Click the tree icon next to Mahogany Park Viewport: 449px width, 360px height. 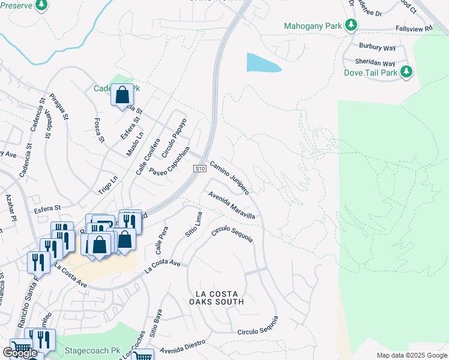pyautogui.click(x=351, y=26)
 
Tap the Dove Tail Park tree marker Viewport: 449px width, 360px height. pyautogui.click(x=406, y=72)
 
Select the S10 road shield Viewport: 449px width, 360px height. pyautogui.click(x=200, y=170)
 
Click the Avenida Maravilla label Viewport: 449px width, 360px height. pyautogui.click(x=232, y=205)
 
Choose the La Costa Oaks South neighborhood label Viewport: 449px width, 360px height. pyautogui.click(x=220, y=298)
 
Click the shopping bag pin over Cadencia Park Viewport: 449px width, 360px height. pyautogui.click(x=122, y=95)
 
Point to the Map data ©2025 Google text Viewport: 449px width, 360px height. pyautogui.click(x=411, y=355)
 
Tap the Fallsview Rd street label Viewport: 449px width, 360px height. pyautogui.click(x=414, y=28)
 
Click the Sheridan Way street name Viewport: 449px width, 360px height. pyautogui.click(x=376, y=63)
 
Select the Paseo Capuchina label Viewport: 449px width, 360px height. pyautogui.click(x=170, y=161)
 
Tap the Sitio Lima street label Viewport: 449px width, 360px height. pyautogui.click(x=192, y=224)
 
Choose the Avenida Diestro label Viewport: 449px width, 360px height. pyautogui.click(x=182, y=346)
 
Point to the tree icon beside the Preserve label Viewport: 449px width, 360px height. pyautogui.click(x=41, y=5)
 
